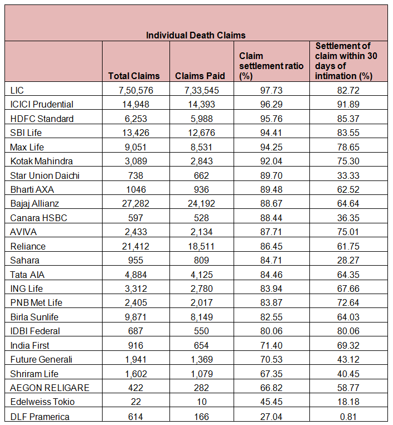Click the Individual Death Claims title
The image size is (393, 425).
(x=196, y=35)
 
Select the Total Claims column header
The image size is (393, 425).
(x=134, y=76)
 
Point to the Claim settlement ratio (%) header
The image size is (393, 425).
(x=271, y=66)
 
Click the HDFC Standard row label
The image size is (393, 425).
(x=42, y=119)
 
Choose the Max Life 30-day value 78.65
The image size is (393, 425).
(x=348, y=147)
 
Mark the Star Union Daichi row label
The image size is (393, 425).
(x=45, y=175)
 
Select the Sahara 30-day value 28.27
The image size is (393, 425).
(x=348, y=260)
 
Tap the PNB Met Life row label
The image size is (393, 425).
(x=36, y=302)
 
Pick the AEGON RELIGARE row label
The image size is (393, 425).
(x=50, y=388)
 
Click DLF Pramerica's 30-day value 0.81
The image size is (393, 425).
(x=348, y=416)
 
